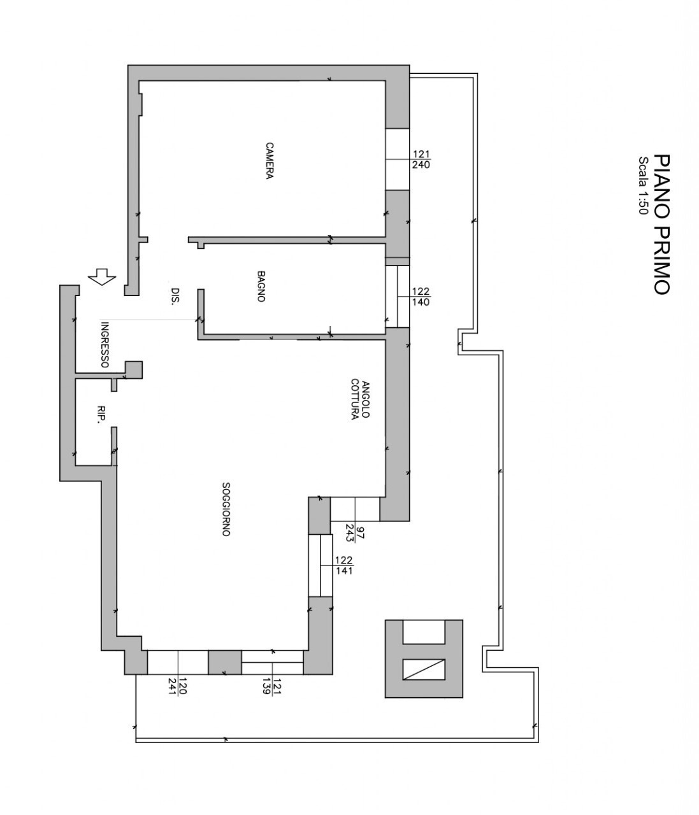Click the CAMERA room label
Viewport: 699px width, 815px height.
269,161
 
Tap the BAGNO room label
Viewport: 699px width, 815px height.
261,287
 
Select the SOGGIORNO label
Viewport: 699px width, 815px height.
226,509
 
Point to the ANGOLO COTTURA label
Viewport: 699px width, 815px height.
360,399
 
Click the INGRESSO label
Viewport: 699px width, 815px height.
104,345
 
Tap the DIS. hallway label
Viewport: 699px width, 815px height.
176,295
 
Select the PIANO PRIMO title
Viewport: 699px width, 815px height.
661,224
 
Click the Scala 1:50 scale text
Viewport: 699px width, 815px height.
644,186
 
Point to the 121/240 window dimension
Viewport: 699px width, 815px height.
421,160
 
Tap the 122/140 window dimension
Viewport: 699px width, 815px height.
421,297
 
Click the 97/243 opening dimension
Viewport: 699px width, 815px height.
356,532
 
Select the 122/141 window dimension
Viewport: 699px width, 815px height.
344,565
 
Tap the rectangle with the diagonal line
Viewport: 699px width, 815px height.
424,669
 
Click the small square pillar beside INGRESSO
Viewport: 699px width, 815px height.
134,370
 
